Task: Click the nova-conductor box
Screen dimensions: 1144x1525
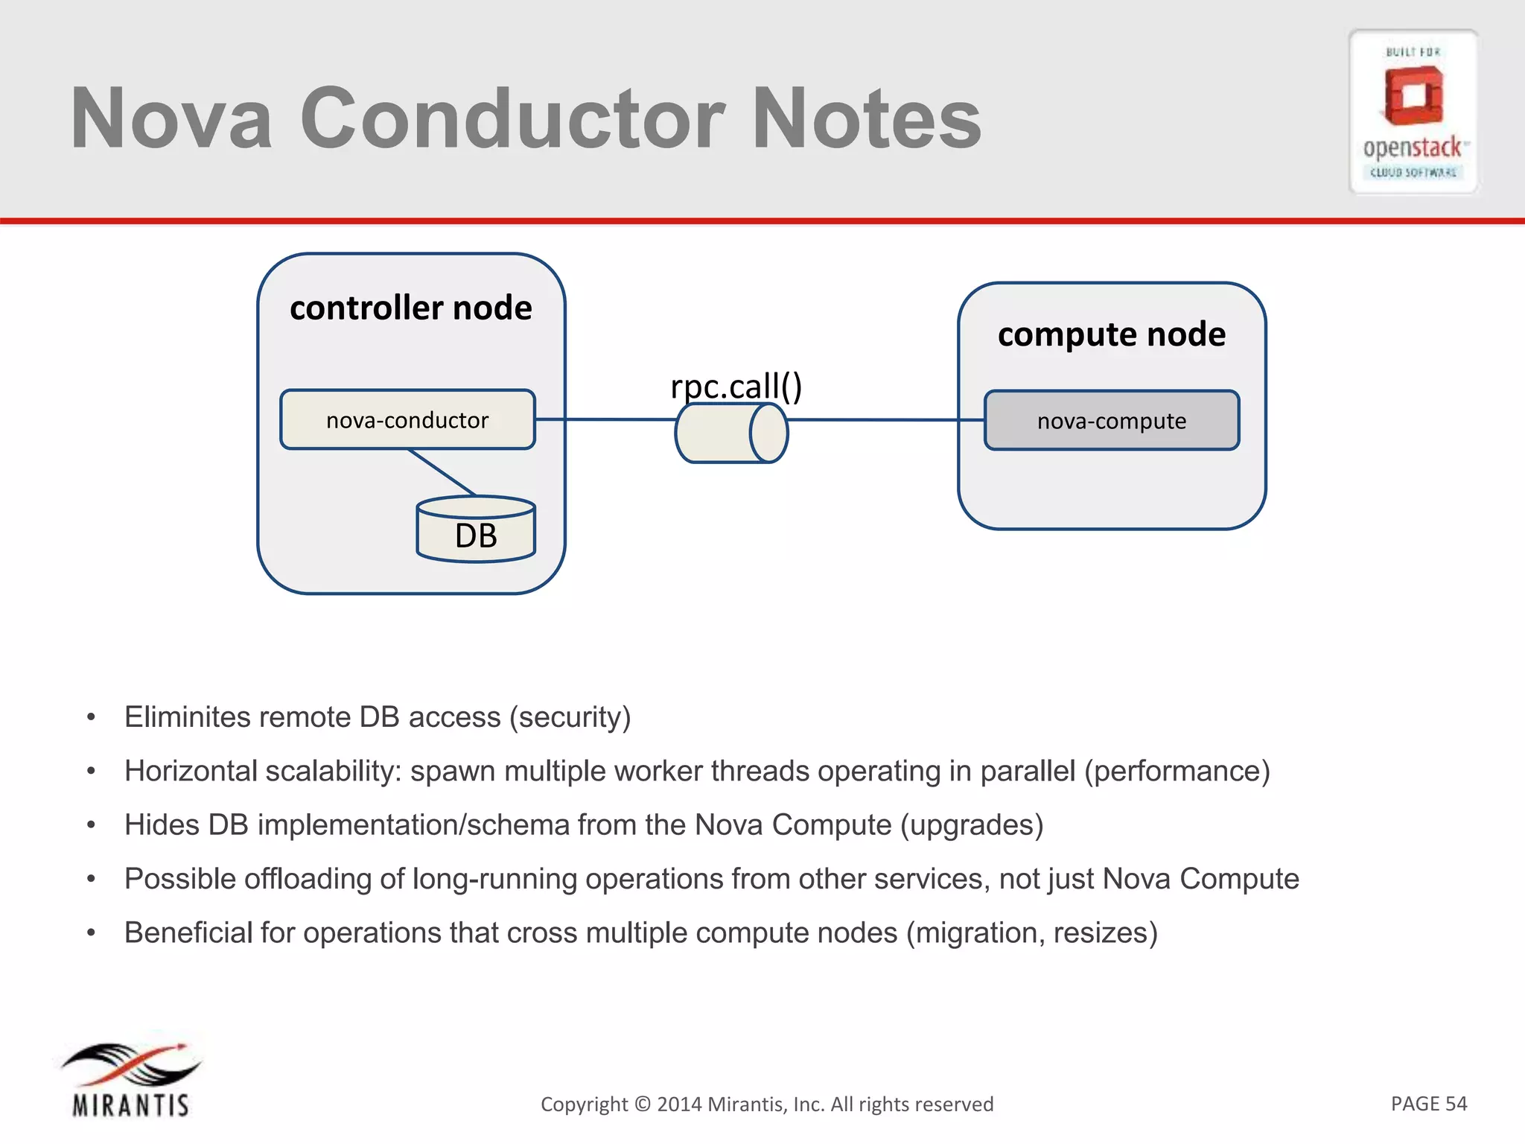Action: (407, 420)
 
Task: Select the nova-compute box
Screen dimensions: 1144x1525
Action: (1111, 421)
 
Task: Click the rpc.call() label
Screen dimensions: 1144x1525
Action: (736, 386)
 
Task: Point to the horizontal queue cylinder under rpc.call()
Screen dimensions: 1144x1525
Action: (730, 433)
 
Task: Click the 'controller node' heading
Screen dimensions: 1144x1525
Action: (410, 308)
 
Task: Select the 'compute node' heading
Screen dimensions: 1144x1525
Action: (1111, 334)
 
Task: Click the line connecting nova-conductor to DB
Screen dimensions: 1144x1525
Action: (442, 472)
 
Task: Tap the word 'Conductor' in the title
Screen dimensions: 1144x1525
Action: (512, 118)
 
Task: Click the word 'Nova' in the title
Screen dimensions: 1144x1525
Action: (171, 118)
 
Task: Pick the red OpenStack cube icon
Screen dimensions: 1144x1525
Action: (1413, 95)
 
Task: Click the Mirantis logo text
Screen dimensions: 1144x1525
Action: (131, 1105)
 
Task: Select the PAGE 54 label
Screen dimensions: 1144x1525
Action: (1428, 1103)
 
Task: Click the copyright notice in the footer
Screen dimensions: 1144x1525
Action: (766, 1104)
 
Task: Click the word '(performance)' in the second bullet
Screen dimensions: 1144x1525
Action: (1177, 771)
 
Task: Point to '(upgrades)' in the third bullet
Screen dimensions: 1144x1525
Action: (971, 825)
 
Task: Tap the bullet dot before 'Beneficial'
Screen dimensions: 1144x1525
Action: (91, 933)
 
